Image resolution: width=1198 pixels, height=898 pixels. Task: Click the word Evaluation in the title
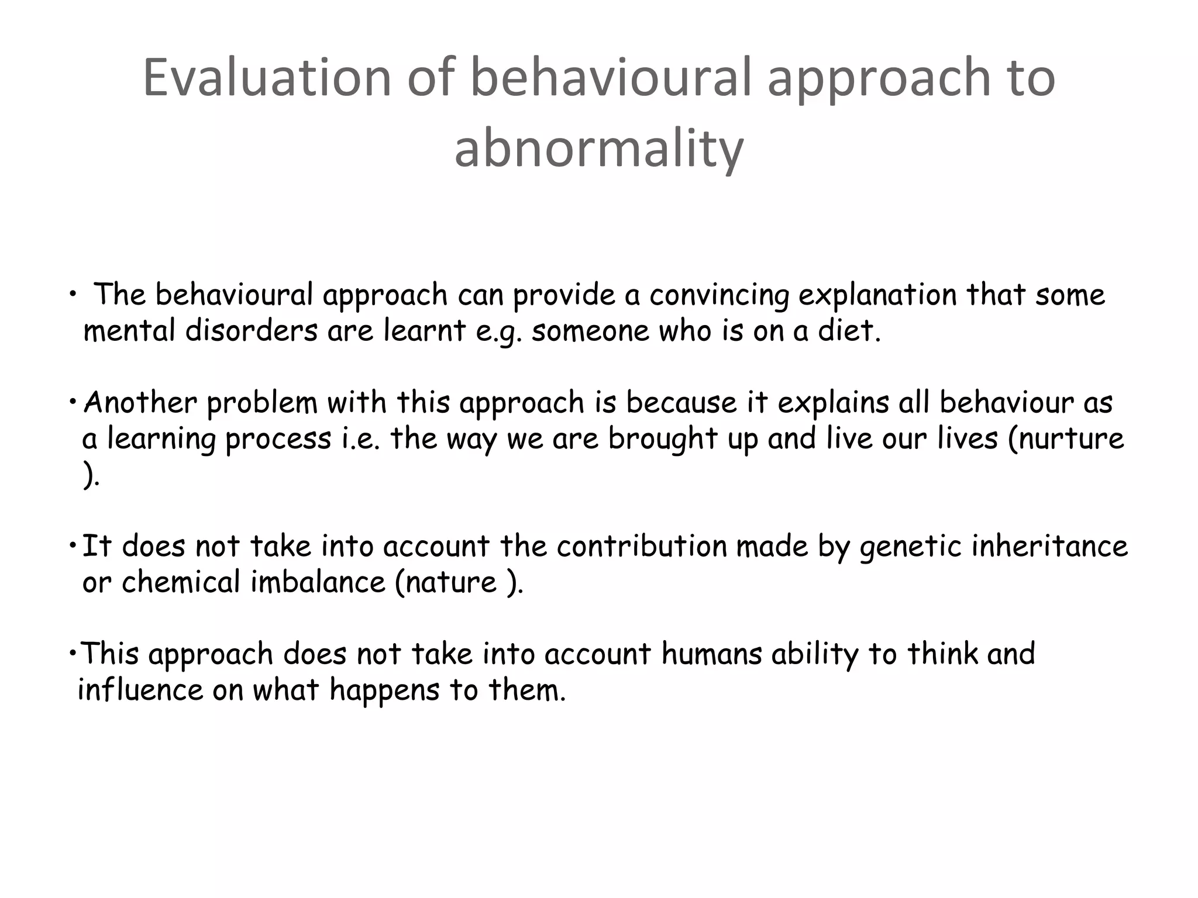click(267, 78)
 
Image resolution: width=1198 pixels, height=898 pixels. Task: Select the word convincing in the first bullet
click(719, 295)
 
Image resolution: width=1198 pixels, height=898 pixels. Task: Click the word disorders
click(251, 331)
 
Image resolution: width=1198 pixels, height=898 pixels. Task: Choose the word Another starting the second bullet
click(140, 403)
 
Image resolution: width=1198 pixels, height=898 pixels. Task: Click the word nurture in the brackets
click(1070, 439)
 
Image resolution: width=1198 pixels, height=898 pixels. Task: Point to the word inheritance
click(1050, 546)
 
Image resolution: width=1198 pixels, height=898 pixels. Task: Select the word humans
click(711, 654)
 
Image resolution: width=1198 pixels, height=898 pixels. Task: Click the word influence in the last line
click(140, 690)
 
